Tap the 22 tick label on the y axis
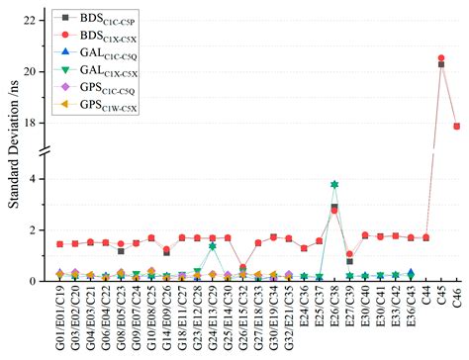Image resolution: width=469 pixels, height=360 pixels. pos(32,21)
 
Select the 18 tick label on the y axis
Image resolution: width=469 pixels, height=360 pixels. pos(32,124)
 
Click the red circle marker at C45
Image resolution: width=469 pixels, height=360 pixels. pos(441,58)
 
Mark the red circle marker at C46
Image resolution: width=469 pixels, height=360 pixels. pos(456,127)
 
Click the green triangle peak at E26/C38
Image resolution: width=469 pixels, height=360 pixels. pos(334,185)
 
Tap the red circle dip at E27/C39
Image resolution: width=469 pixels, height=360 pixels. pos(350,255)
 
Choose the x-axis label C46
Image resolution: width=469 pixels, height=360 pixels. pos(457,299)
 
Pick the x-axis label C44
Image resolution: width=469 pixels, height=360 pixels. pos(426,299)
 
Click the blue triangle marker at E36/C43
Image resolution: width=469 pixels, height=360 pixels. pos(411,273)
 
